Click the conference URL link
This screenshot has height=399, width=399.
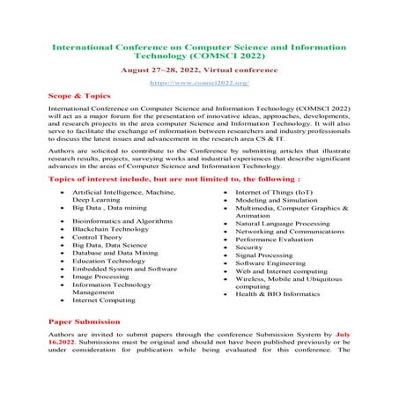tap(199, 82)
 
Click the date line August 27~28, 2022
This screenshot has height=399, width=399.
tap(199, 68)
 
